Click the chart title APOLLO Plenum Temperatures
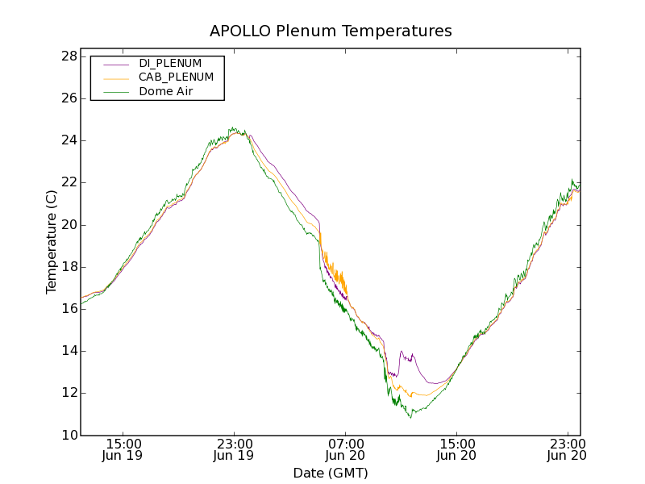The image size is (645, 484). point(331,31)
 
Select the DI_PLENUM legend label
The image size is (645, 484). point(170,63)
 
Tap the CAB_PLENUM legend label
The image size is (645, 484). point(176,77)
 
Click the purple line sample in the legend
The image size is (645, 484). point(116,63)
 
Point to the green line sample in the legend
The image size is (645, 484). point(116,92)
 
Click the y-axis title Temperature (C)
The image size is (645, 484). point(52,242)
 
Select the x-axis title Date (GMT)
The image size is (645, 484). point(331,473)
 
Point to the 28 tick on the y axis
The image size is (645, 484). point(68,56)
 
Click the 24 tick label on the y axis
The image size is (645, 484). point(68,140)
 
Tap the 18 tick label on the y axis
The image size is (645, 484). point(68,267)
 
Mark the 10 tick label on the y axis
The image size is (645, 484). point(68,436)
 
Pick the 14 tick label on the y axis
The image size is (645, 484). point(68,351)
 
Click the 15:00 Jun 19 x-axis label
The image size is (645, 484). point(123,449)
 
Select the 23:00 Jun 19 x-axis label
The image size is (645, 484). point(235,449)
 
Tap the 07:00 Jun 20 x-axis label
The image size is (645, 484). point(346,449)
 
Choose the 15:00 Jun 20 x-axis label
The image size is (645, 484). point(457,449)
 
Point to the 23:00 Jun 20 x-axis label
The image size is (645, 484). point(567,449)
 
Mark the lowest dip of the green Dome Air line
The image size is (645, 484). point(410,417)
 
